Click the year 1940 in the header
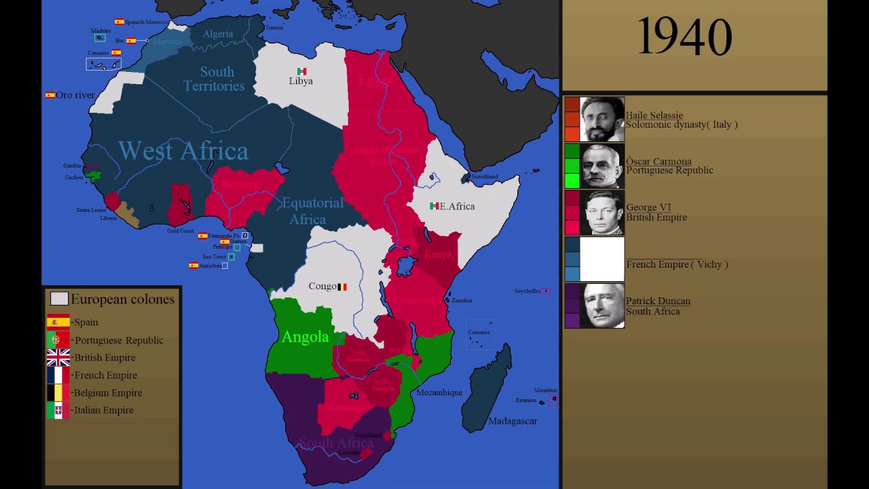[x=684, y=38]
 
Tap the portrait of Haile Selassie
[x=602, y=119]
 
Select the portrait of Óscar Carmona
[x=602, y=166]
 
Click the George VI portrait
[x=602, y=213]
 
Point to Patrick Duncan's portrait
[x=602, y=306]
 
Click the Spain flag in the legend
[x=58, y=322]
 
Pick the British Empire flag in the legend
[x=58, y=357]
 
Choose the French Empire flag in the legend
[x=58, y=375]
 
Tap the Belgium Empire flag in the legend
[x=58, y=393]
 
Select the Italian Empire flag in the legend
[x=58, y=410]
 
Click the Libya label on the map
[x=301, y=81]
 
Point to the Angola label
[x=305, y=337]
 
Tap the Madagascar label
[x=513, y=421]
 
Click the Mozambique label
[x=439, y=393]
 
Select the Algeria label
[x=217, y=34]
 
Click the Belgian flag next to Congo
[x=342, y=287]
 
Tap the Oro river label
[x=75, y=95]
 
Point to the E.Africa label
[x=457, y=206]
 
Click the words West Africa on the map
[x=183, y=151]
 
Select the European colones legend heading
[x=122, y=300]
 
